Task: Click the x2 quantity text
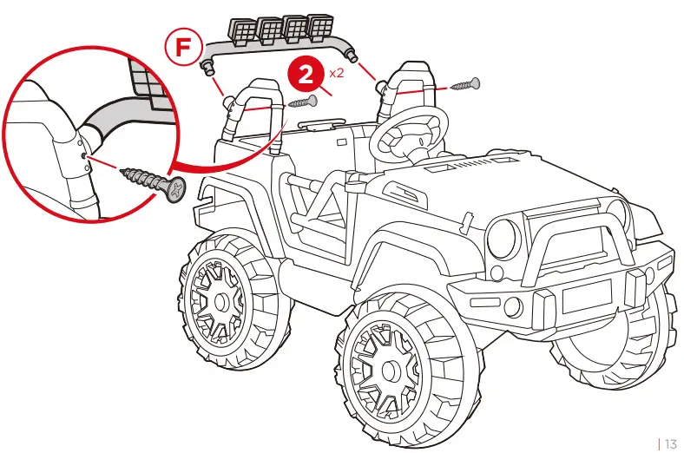click(336, 73)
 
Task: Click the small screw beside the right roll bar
click(467, 86)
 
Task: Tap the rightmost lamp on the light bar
click(324, 28)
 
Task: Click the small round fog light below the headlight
click(513, 306)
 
